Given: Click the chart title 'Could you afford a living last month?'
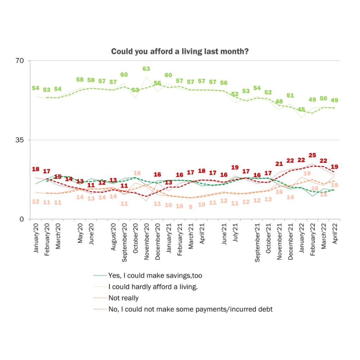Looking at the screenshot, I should [x=180, y=52].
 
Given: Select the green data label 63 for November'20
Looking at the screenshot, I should [x=146, y=69].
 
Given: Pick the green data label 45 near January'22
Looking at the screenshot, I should [x=301, y=110].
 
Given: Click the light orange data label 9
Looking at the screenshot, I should [x=191, y=207].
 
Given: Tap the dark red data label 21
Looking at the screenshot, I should [x=279, y=163].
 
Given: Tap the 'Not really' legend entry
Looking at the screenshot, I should [x=124, y=298].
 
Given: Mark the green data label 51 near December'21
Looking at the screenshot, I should [x=290, y=96].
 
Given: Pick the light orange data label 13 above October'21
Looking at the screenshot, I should [x=268, y=199].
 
